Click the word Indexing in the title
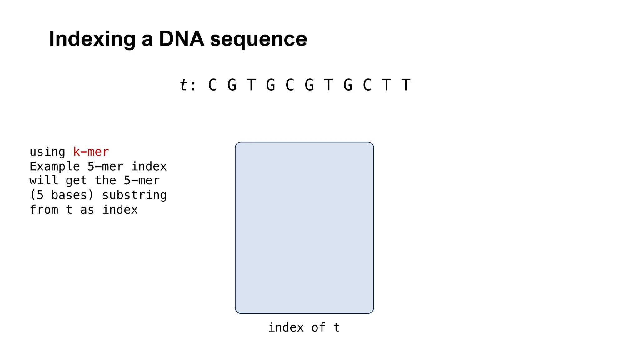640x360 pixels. click(x=92, y=39)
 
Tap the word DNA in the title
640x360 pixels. click(x=182, y=39)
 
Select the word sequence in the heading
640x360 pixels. click(x=259, y=40)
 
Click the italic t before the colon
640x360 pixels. click(x=184, y=85)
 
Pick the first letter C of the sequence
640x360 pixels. click(x=212, y=85)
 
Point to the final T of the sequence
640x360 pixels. click(x=406, y=85)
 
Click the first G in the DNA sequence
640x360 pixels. click(x=232, y=85)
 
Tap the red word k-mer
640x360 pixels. click(x=91, y=152)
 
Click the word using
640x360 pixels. click(x=47, y=152)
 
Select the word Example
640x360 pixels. click(x=55, y=167)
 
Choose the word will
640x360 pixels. click(x=44, y=181)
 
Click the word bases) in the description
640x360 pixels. click(x=72, y=195)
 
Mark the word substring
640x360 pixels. click(x=134, y=195)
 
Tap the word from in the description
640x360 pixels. click(x=44, y=210)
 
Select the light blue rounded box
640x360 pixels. click(x=304, y=227)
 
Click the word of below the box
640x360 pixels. click(x=318, y=327)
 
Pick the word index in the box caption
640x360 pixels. click(x=286, y=327)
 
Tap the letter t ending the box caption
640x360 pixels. click(x=337, y=327)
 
